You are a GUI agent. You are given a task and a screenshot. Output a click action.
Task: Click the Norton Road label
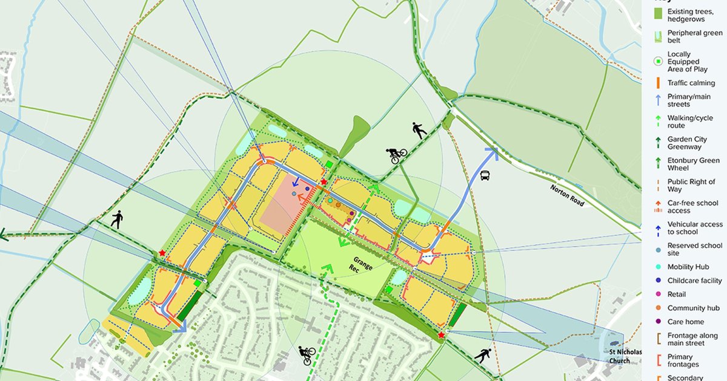pos(568,195)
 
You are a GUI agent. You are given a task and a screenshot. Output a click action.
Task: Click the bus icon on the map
pos(485,176)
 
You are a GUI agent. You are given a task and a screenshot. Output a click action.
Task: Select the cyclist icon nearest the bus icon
pos(396,155)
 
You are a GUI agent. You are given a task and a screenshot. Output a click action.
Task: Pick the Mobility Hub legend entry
pos(688,267)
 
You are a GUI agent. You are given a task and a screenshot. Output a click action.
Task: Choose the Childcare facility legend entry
pos(694,281)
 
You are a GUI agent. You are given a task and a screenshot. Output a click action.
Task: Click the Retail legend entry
pos(677,295)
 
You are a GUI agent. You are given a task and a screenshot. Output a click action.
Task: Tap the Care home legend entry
pos(685,322)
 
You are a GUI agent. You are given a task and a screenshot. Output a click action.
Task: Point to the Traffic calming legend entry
pos(691,83)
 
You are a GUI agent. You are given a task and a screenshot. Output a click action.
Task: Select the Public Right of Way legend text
pos(691,185)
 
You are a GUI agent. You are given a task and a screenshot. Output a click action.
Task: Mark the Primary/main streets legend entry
pos(689,100)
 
